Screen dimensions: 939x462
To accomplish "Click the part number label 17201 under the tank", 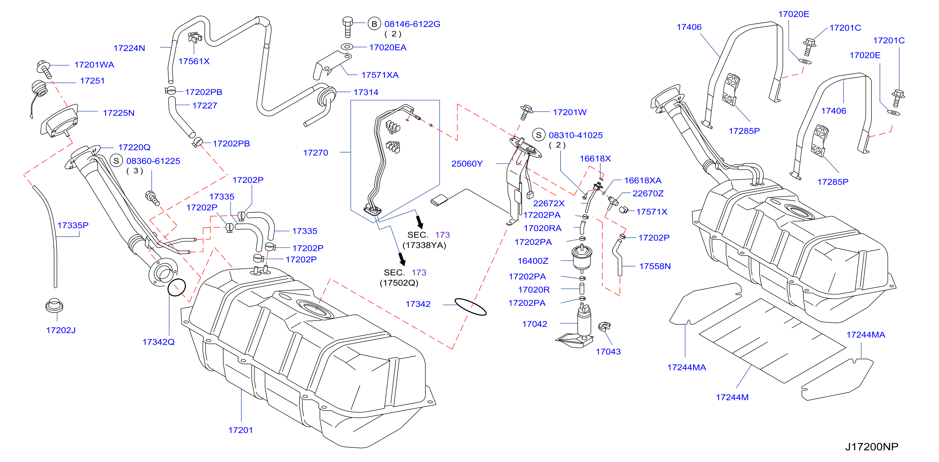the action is pos(240,430).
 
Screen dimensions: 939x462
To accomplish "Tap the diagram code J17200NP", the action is pos(872,447).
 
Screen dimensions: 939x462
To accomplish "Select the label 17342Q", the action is pos(158,342).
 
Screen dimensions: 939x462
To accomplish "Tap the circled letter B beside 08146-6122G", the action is pos(374,24).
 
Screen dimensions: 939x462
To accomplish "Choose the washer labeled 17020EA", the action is pos(347,47).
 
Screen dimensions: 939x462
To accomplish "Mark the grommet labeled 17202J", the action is pos(54,305).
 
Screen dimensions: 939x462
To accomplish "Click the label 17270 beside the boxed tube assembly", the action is pos(316,153).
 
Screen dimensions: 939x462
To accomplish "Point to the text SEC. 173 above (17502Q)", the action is pos(405,272).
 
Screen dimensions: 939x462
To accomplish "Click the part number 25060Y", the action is pos(467,163).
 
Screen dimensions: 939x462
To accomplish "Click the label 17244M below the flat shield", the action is pos(732,397).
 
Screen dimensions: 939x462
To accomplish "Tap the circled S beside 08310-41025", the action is pos(539,135).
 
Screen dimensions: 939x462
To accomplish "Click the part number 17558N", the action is pos(655,266).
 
